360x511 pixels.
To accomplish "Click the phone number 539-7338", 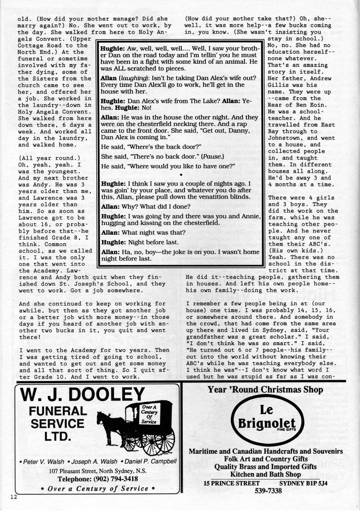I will coord(266,491).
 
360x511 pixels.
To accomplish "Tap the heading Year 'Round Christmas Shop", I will coord(265,389).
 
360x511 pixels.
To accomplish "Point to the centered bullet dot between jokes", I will coord(181,175).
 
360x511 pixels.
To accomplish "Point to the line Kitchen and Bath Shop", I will coord(266,475).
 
